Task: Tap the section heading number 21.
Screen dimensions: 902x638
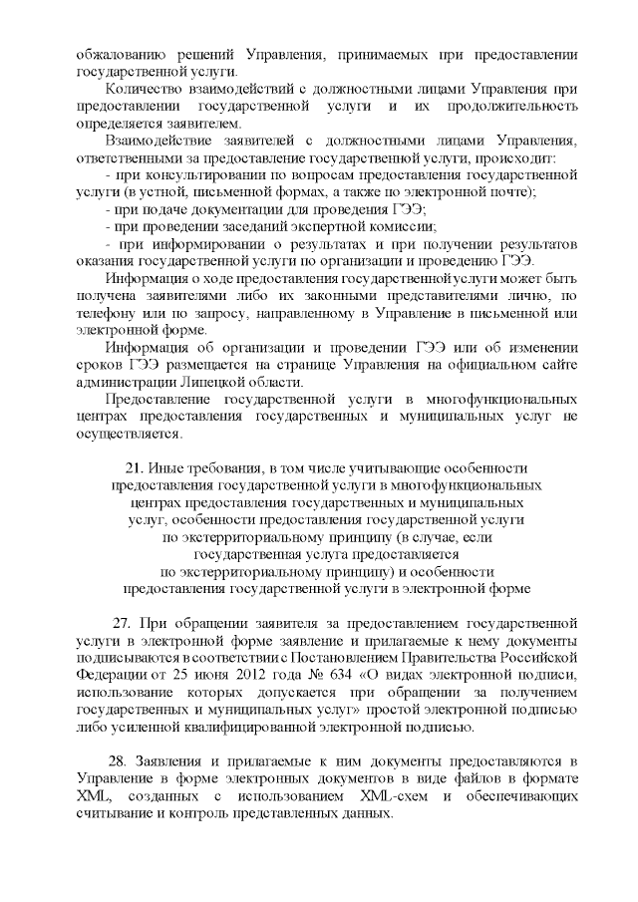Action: click(134, 466)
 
